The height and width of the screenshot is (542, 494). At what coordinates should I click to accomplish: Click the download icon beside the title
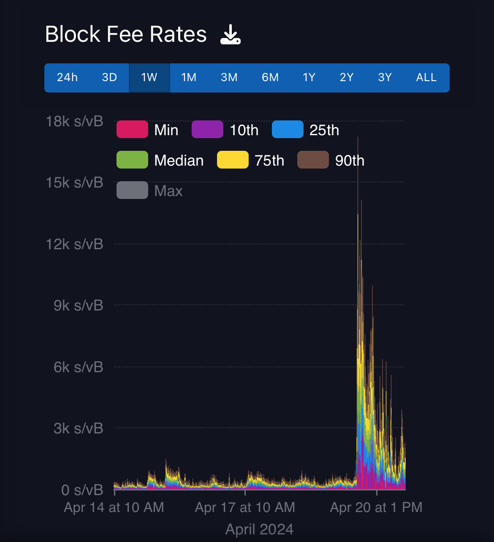230,35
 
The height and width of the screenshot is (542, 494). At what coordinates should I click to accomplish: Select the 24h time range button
67,78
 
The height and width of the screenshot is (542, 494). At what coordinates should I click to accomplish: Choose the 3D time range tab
109,78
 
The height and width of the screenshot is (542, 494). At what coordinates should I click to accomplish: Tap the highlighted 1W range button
149,78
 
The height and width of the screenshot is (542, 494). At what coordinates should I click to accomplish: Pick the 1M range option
189,78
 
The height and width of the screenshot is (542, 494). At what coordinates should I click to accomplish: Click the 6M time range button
270,78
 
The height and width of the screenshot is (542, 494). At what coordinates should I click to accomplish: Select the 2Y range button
347,78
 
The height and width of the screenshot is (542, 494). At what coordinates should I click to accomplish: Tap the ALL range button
426,78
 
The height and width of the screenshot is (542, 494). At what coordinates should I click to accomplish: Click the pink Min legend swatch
132,130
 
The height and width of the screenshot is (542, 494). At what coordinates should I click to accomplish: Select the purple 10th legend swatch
207,130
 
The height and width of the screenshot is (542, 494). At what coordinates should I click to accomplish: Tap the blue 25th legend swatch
288,130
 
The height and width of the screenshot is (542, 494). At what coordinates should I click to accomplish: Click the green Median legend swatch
132,160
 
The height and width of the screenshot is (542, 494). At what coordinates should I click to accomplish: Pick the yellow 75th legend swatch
233,160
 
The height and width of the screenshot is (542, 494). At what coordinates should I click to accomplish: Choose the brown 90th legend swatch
313,160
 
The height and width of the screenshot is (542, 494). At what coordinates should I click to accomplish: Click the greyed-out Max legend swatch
132,191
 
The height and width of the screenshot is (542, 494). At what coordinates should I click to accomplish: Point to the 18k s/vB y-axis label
74,122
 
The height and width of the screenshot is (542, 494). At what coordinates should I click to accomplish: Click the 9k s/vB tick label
79,305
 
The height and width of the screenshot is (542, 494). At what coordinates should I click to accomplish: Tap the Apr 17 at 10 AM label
245,507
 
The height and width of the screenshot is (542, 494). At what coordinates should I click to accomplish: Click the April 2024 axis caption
259,529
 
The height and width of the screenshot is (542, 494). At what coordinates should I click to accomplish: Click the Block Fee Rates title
126,35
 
